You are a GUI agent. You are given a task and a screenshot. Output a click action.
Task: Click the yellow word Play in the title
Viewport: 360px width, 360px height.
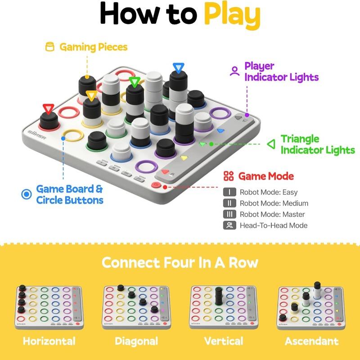tap(232, 14)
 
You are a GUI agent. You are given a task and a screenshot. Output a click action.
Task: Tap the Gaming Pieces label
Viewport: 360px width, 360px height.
tap(93, 47)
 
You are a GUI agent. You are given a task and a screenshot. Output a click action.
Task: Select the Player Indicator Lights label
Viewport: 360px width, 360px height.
tap(281, 72)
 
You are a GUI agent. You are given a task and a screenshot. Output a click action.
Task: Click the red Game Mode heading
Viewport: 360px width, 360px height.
tap(265, 176)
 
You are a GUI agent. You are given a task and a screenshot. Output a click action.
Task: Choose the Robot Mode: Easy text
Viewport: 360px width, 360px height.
tap(269, 192)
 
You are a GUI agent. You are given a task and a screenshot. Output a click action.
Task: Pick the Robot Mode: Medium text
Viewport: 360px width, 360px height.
tap(274, 203)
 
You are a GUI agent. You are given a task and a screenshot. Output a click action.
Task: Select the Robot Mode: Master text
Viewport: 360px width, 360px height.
tap(272, 214)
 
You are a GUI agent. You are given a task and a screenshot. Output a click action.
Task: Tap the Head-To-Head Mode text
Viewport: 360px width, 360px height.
tap(273, 225)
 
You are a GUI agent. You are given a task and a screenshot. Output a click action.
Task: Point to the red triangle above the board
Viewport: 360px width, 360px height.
tap(48, 108)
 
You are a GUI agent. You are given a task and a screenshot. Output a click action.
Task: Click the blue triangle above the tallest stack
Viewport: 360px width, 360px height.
tap(179, 68)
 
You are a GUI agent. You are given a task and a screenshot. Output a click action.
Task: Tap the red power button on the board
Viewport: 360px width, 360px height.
tap(157, 184)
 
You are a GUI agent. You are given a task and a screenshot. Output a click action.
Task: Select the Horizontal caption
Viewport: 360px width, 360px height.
tap(49, 341)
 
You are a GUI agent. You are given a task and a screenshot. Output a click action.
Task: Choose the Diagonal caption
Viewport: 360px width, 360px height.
tap(136, 341)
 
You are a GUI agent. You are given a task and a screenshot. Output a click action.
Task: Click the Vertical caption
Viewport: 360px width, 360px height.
tap(224, 341)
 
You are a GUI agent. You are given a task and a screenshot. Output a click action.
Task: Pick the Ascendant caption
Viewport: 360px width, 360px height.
tap(311, 341)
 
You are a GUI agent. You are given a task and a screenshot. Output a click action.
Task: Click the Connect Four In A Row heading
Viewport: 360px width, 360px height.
tap(180, 262)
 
